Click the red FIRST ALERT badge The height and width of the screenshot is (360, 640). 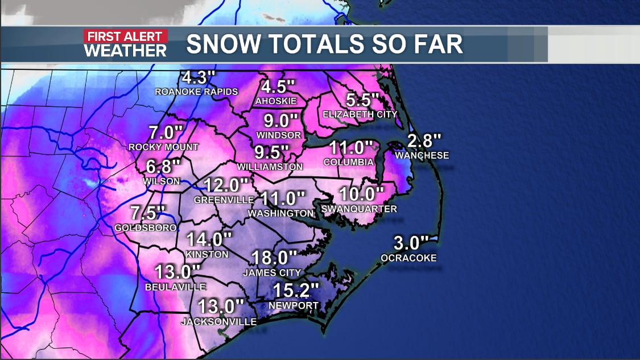(126, 37)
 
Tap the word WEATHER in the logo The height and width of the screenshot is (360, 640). (126, 50)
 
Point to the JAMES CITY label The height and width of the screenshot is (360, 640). (271, 273)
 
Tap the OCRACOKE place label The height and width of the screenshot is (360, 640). (409, 258)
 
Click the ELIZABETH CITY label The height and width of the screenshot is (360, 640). (360, 114)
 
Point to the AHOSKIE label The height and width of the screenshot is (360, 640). (276, 101)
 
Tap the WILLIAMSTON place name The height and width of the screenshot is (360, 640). (270, 167)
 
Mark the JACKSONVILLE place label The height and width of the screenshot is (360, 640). (218, 322)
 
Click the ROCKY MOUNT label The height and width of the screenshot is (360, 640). (163, 147)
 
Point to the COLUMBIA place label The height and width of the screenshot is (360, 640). (348, 162)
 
